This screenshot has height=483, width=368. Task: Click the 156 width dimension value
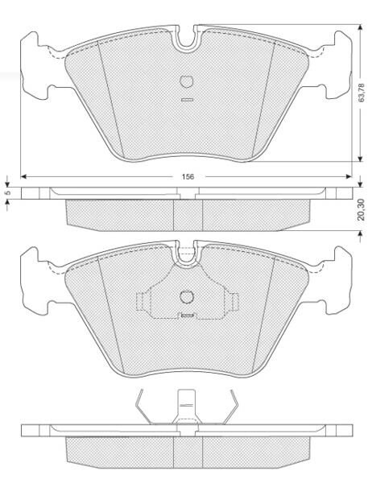[x=188, y=177]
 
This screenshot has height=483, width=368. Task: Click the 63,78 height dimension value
[x=362, y=93]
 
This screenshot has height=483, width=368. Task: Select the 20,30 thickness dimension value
[x=361, y=209]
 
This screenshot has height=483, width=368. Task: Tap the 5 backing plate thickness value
[x=8, y=192]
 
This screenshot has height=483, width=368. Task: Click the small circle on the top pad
[x=187, y=81]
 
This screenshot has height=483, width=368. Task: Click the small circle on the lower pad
[x=187, y=296]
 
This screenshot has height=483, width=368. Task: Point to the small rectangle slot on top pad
[x=187, y=100]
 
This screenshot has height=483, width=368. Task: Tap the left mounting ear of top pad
[x=34, y=66]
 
